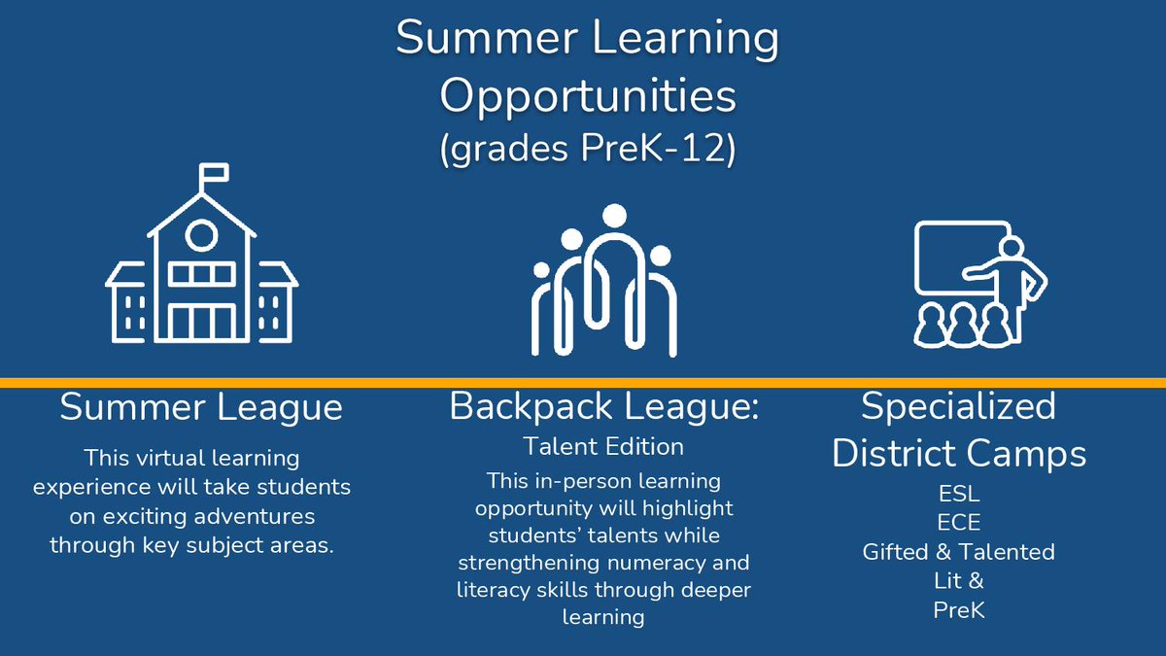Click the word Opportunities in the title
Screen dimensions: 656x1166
588,96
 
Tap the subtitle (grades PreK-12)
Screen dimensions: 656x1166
587,151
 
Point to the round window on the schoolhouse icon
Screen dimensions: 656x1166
201,234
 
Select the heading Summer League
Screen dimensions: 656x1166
201,407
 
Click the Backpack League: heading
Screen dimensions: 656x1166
603,407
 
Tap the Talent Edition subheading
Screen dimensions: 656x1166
602,446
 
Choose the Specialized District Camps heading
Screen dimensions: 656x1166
958,429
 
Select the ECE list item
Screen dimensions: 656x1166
958,522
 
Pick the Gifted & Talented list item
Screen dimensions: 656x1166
958,552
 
